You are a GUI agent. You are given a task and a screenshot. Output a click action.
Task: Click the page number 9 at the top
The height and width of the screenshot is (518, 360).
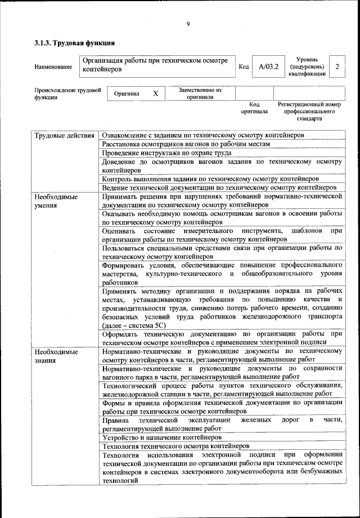[x=188, y=24]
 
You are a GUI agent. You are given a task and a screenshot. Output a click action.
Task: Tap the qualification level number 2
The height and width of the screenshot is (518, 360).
[x=337, y=67]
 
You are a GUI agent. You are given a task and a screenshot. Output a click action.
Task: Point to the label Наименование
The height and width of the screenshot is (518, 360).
[x=53, y=68]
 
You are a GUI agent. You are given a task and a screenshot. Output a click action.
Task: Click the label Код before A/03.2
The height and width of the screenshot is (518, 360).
[x=244, y=67]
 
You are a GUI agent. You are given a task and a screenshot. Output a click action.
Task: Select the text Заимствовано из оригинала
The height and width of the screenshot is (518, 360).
[x=200, y=93]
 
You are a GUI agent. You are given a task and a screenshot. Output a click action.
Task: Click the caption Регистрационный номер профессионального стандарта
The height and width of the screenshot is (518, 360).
[x=310, y=111]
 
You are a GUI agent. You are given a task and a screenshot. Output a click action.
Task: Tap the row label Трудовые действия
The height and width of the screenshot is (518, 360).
[x=64, y=136]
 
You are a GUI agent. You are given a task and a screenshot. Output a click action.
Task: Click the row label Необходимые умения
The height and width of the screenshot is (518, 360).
[x=56, y=202]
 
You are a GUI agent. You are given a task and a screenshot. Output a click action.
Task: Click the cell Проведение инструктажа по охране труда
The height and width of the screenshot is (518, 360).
[x=167, y=153]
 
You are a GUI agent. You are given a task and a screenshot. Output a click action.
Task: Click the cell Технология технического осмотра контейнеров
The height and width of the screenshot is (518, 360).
[x=171, y=446]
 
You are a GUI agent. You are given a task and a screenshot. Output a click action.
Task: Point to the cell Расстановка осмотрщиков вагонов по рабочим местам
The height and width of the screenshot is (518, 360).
[x=186, y=144]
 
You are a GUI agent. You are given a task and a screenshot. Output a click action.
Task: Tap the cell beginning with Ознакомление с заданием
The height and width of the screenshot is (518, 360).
[x=203, y=136]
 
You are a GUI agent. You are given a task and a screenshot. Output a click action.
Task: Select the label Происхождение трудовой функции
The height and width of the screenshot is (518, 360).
[x=67, y=93]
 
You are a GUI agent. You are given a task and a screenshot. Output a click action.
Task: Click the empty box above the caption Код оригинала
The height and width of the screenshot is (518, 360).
[x=254, y=93]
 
